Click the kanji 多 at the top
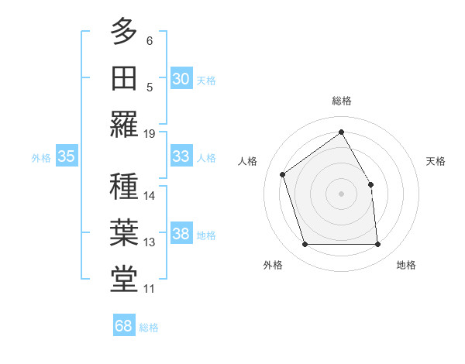click(124, 32)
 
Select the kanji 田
click(124, 77)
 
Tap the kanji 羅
click(124, 124)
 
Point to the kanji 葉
click(124, 233)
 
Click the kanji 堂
click(124, 280)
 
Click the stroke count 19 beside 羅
click(150, 133)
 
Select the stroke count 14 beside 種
click(150, 196)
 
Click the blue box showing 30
click(181, 79)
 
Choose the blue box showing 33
click(181, 156)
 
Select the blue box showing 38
click(181, 235)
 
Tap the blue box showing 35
click(66, 156)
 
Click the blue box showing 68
click(123, 326)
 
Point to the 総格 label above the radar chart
click(342, 101)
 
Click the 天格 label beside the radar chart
click(436, 161)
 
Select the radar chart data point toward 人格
click(283, 174)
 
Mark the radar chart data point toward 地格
click(377, 245)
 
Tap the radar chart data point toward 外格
click(305, 245)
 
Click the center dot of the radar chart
click(342, 193)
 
